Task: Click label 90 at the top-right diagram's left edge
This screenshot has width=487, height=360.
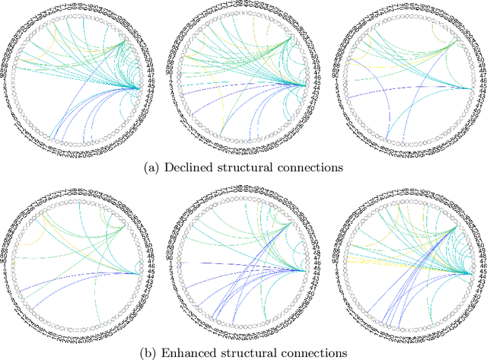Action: [337, 75]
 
